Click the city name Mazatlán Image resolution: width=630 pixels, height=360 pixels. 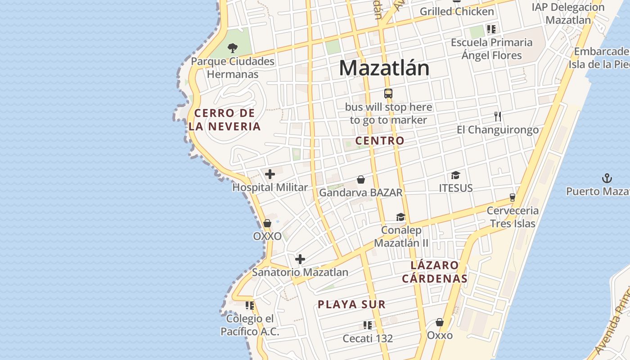[x=384, y=68]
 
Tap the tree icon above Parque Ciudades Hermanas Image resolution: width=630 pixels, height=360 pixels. [x=233, y=48]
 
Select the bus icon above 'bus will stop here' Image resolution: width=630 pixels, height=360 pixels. [x=388, y=94]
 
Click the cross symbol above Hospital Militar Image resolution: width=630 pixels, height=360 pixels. [x=270, y=174]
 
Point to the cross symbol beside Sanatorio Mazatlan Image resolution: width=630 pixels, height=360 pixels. [x=300, y=259]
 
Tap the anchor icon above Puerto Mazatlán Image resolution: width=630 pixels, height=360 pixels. [x=607, y=178]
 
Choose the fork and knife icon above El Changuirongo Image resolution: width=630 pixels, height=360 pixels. [x=497, y=117]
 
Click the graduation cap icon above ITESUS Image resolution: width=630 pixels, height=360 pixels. [x=456, y=175]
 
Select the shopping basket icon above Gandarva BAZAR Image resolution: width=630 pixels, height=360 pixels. [x=360, y=180]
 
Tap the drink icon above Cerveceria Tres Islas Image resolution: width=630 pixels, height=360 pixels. [x=512, y=197]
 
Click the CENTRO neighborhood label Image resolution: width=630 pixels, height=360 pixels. [x=380, y=140]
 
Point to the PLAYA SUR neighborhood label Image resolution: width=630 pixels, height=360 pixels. [x=352, y=304]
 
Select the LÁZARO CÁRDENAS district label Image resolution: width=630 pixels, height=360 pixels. [x=435, y=272]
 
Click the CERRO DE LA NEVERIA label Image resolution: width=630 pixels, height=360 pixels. [x=225, y=120]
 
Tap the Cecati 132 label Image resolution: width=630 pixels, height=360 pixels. [x=368, y=338]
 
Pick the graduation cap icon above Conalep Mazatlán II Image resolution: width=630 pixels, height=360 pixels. [x=400, y=217]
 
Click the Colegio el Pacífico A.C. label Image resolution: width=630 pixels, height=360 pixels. [x=250, y=325]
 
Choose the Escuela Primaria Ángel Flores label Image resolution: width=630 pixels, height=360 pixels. [x=492, y=49]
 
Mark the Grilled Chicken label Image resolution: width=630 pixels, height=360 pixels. [x=457, y=11]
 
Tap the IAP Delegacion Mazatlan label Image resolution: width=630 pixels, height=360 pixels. [x=568, y=13]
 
